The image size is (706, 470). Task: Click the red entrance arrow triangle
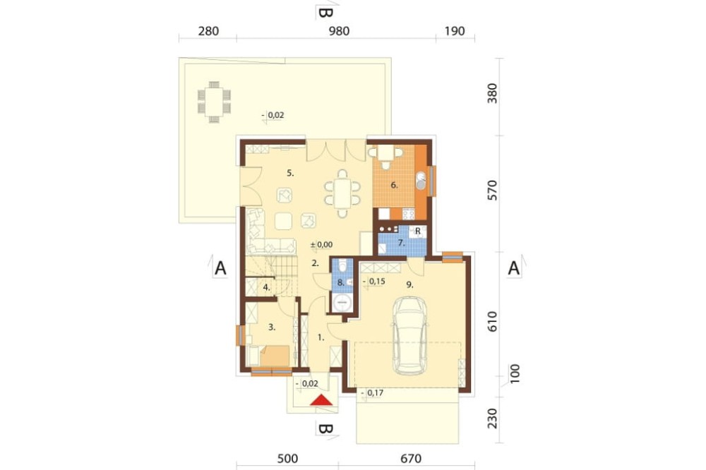323,399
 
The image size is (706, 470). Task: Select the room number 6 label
395,185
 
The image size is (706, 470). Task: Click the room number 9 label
409,284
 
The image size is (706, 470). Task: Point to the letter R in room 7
418,231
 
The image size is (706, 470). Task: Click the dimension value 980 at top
339,31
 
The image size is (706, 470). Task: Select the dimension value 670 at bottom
411,459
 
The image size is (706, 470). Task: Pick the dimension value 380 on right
493,93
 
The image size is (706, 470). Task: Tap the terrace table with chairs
215,102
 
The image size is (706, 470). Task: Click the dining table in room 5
342,193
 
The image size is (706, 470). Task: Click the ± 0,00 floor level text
321,245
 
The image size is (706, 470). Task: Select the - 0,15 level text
373,282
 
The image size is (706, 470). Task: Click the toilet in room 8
342,267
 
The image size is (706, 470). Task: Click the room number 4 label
267,287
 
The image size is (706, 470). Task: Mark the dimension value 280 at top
208,31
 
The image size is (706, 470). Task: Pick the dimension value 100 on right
515,373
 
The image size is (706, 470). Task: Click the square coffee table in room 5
283,221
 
